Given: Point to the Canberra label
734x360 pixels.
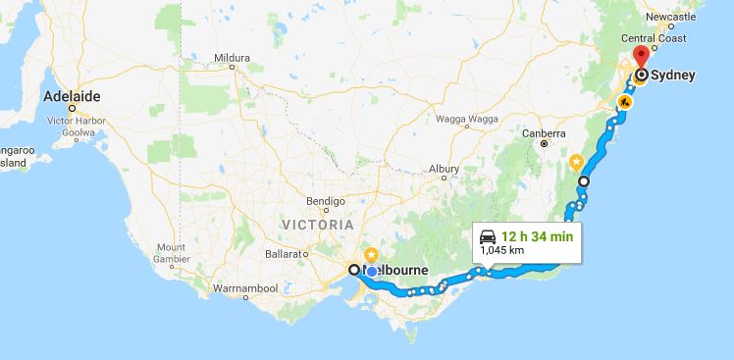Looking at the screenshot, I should click(545, 132).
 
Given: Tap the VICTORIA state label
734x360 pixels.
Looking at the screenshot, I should click(313, 224).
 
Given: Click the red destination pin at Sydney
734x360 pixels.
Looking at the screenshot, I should click(642, 54).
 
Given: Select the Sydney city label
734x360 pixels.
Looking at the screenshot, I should click(676, 75).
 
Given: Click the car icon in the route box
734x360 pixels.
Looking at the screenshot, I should click(488, 235).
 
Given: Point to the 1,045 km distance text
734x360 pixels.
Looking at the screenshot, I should click(501, 250).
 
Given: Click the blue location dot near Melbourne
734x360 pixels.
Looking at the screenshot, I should click(372, 272).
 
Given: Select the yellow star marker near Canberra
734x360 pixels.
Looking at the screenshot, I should click(577, 161).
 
